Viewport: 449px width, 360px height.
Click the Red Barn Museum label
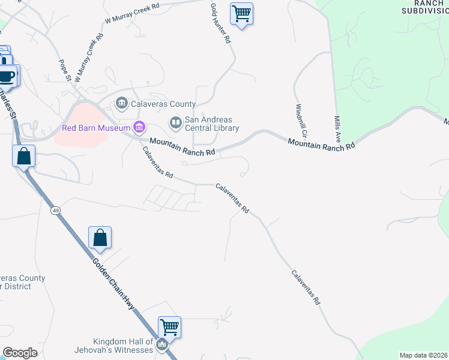point(96,128)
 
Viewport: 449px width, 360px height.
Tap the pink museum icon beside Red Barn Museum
point(139,127)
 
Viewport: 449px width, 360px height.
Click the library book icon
point(176,124)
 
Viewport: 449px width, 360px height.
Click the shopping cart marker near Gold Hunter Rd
point(241,13)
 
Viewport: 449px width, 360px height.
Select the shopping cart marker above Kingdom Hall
point(170,328)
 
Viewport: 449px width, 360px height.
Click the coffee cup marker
point(7,76)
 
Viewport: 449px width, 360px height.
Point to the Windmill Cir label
point(301,120)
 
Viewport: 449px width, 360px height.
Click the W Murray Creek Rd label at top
point(132,13)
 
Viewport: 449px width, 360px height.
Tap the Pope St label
point(65,70)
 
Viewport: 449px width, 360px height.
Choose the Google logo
point(20,353)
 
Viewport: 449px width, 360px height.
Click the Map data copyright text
point(423,355)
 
